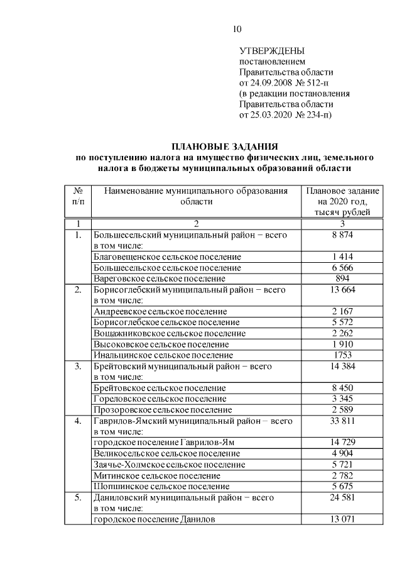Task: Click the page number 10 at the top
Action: (237, 29)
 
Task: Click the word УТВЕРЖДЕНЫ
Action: (273, 50)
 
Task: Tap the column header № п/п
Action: (78, 196)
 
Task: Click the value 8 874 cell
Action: (343, 235)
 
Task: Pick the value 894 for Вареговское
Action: (343, 278)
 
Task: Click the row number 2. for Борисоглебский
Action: (78, 290)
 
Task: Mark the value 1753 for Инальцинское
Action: (343, 355)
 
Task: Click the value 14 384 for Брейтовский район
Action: (343, 366)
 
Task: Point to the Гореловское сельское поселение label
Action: (160, 399)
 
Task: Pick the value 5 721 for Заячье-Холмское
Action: (343, 465)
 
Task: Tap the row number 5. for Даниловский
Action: (78, 497)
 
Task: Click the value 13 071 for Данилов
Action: (343, 519)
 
